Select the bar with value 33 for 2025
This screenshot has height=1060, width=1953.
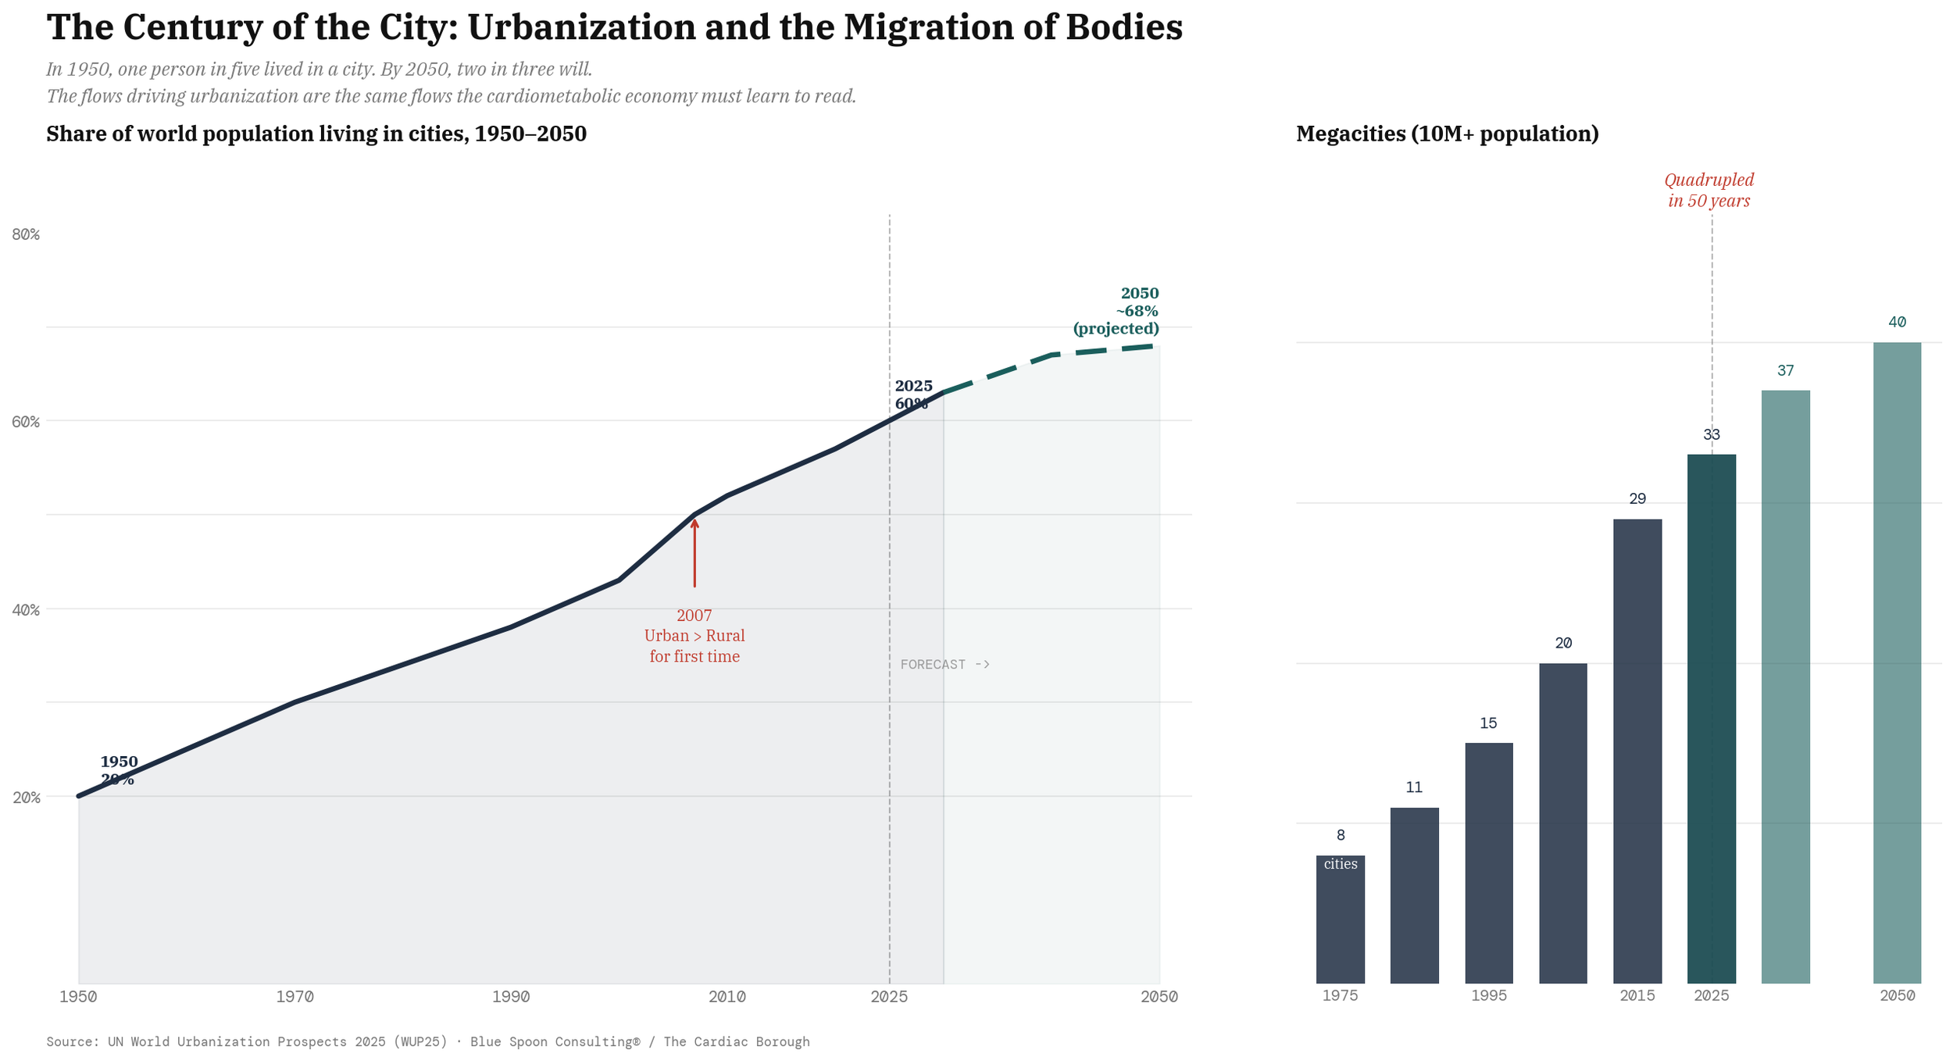click(x=1711, y=719)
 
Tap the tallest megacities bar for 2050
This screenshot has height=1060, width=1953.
click(x=1897, y=664)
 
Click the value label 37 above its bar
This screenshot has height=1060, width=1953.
click(x=1785, y=371)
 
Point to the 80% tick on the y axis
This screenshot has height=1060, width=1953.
click(x=26, y=234)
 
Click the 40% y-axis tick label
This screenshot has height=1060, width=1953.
click(x=26, y=610)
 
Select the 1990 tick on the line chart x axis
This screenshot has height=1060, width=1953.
click(x=511, y=997)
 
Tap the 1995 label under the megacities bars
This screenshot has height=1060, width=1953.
click(x=1488, y=996)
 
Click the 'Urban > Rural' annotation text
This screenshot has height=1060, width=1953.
click(x=694, y=636)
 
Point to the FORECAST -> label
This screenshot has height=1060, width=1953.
click(x=944, y=665)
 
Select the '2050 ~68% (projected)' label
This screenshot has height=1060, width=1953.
click(x=1117, y=311)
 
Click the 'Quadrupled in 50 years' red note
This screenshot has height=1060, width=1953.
click(x=1708, y=191)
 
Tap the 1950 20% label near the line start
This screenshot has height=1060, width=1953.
click(x=119, y=770)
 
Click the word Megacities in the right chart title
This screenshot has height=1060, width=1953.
click(x=1350, y=134)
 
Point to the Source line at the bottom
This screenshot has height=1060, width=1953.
click(x=427, y=1041)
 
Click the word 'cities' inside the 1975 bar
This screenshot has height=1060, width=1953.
click(x=1340, y=864)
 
